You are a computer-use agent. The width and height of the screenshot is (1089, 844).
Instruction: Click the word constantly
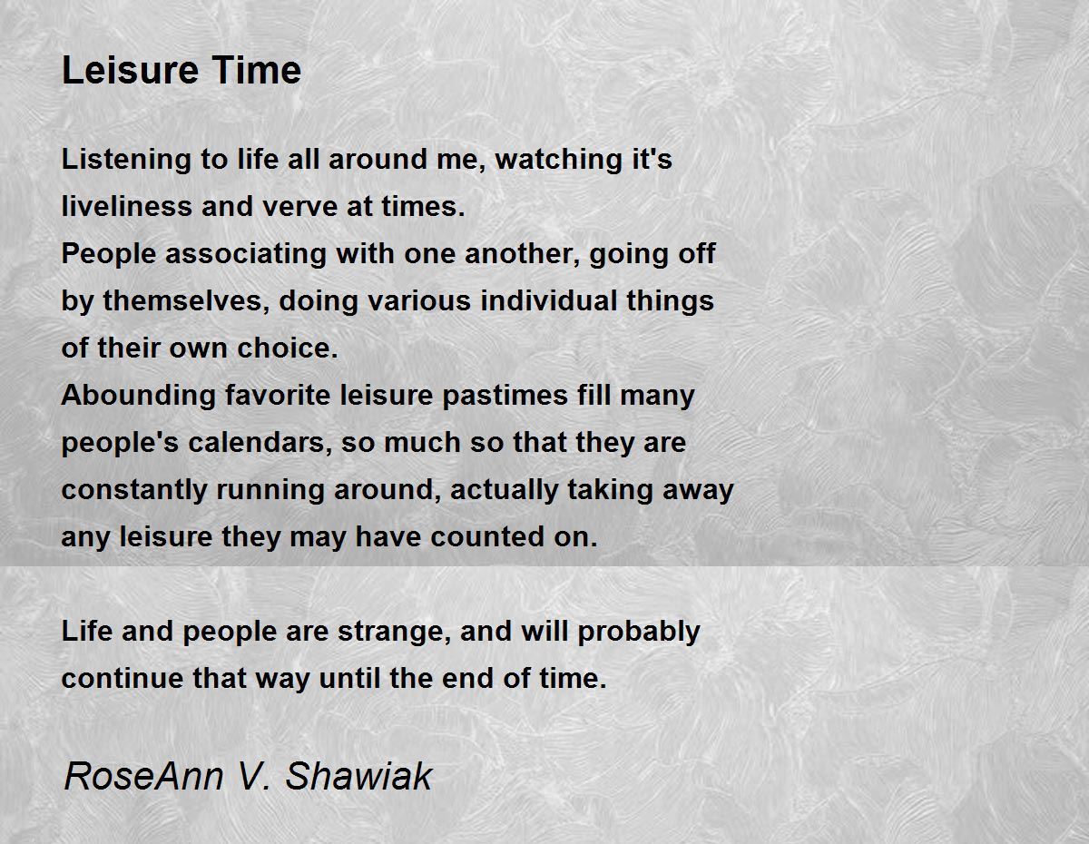pos(135,490)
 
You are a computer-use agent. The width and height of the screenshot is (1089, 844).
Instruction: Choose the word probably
pos(639,632)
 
